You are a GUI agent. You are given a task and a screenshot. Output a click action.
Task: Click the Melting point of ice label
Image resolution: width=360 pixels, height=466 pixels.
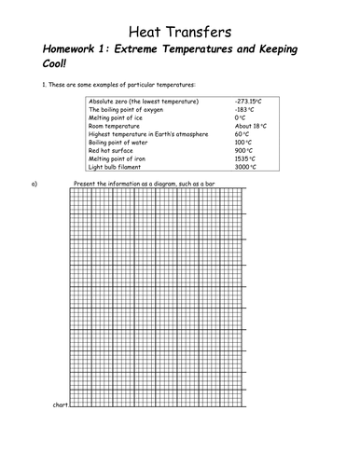point(117,116)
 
